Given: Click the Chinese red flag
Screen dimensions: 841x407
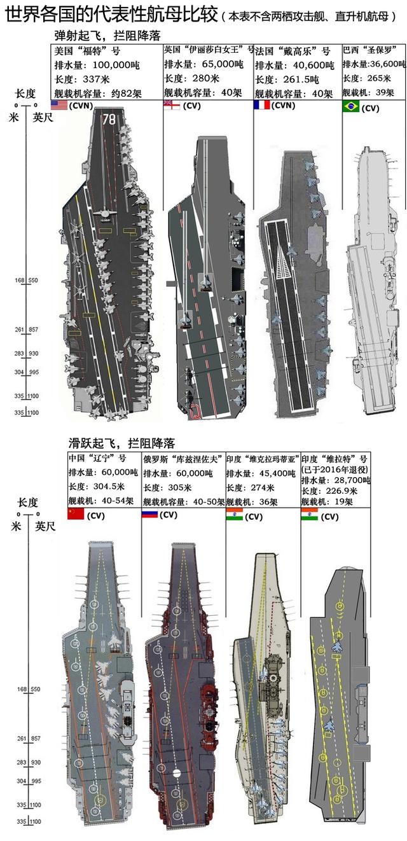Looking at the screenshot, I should (x=76, y=513).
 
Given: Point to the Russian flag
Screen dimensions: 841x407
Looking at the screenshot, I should (x=149, y=513).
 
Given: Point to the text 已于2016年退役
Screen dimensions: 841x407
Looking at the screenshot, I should (x=336, y=468).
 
